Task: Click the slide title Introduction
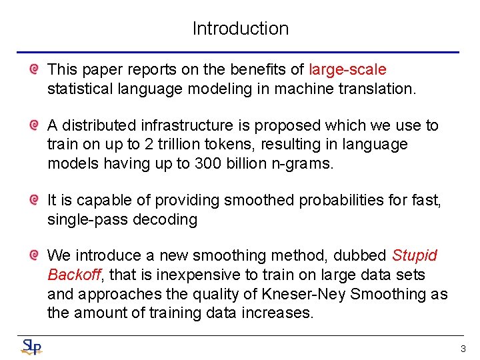point(240,29)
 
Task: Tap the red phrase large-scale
point(347,69)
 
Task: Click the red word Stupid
point(414,255)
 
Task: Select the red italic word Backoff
point(73,275)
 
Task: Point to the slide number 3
point(463,349)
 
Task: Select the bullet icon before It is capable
point(33,199)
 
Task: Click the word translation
point(379,89)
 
